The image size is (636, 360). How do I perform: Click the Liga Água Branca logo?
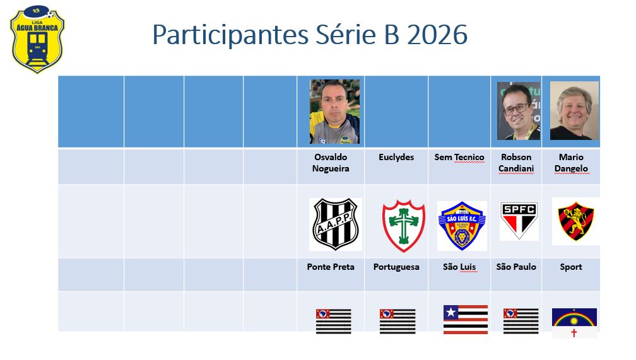(x=37, y=39)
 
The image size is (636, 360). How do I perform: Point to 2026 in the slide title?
(x=437, y=35)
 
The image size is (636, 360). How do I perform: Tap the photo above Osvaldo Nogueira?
(x=334, y=112)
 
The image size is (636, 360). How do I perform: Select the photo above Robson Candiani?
(x=518, y=111)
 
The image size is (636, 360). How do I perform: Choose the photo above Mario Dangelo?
(x=574, y=111)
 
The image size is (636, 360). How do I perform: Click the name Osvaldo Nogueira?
(x=331, y=163)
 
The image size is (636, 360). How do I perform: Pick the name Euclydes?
(x=396, y=157)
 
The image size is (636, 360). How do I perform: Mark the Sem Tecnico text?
(x=459, y=157)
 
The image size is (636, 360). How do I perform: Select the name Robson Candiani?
(x=516, y=163)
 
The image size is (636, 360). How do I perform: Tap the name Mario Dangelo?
(x=571, y=163)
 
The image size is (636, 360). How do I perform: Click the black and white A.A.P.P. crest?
(x=336, y=224)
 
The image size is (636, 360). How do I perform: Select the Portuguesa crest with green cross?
(x=403, y=225)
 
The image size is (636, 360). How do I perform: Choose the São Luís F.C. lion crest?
(x=462, y=226)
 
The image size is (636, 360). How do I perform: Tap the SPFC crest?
(x=519, y=221)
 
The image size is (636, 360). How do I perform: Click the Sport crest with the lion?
(x=575, y=221)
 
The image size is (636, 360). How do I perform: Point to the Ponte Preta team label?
(x=331, y=267)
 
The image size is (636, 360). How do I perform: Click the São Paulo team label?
(x=516, y=267)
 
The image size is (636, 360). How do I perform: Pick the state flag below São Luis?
(x=466, y=320)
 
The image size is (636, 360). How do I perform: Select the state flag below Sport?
(x=574, y=323)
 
